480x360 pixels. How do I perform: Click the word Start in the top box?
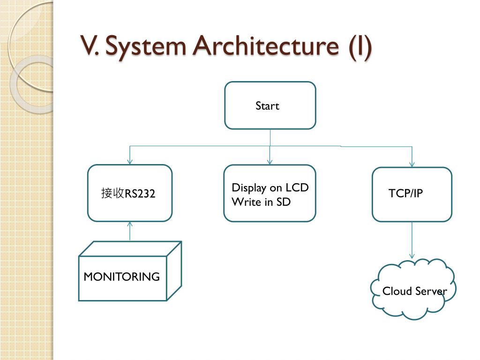click(267, 106)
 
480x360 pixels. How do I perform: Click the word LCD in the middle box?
click(297, 187)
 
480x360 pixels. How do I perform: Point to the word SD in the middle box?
click(284, 202)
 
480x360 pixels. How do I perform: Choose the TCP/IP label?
click(405, 193)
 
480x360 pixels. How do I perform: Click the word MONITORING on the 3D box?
click(121, 277)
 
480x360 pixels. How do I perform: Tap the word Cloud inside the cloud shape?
click(397, 291)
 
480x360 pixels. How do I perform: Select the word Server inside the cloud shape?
click(431, 291)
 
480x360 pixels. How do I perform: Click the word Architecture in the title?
click(266, 46)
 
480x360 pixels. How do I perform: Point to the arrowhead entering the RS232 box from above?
click(130, 162)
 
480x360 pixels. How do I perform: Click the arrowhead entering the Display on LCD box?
click(270, 162)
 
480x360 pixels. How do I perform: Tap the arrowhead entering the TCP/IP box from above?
click(412, 165)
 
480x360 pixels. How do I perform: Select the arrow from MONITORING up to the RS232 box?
click(130, 232)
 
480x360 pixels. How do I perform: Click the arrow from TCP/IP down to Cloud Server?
click(412, 240)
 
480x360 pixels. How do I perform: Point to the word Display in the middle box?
click(249, 188)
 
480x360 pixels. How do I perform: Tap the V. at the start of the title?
click(90, 45)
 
